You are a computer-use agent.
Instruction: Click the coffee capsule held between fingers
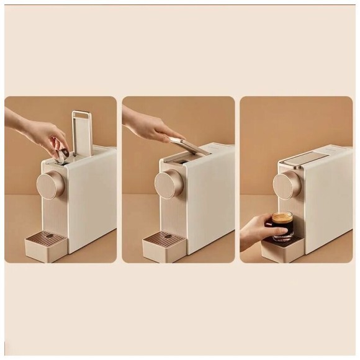pos(64,151)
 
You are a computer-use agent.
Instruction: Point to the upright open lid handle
pos(82,132)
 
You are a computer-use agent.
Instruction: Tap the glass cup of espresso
pos(282,227)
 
